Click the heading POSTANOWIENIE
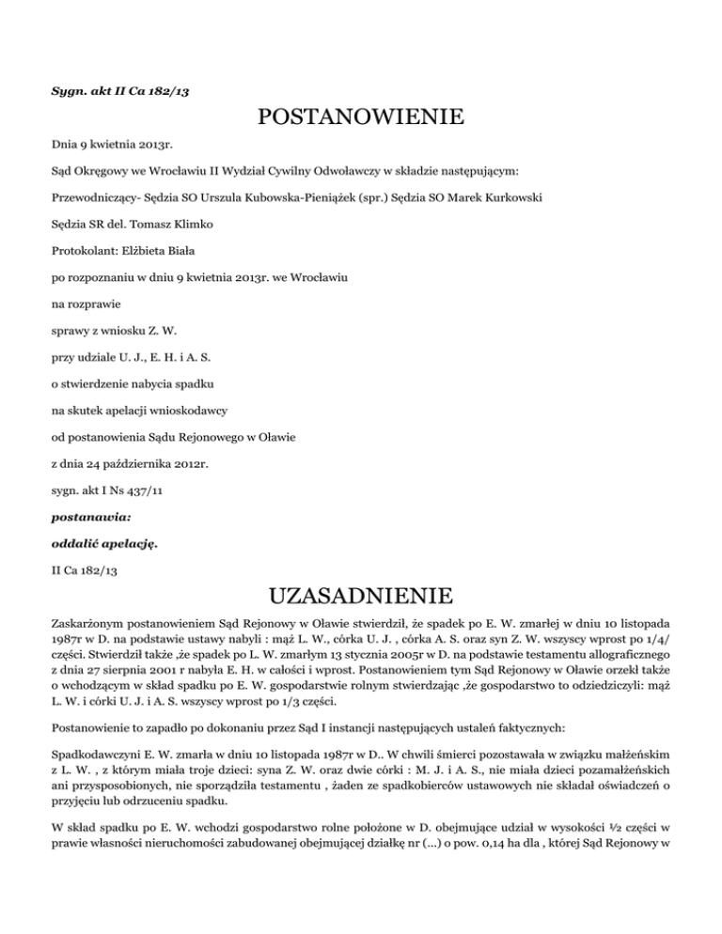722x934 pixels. pyautogui.click(x=360, y=117)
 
